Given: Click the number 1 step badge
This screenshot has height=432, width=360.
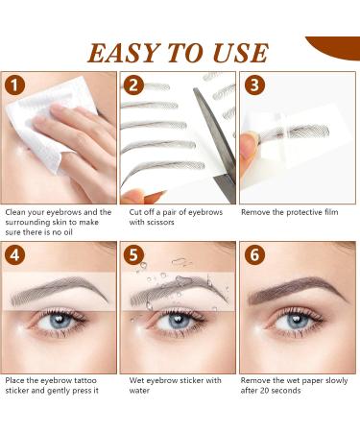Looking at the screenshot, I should point(16,85).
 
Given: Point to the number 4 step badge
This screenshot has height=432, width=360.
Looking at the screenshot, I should point(16,255).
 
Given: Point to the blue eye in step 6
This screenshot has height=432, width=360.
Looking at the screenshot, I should point(295,322).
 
